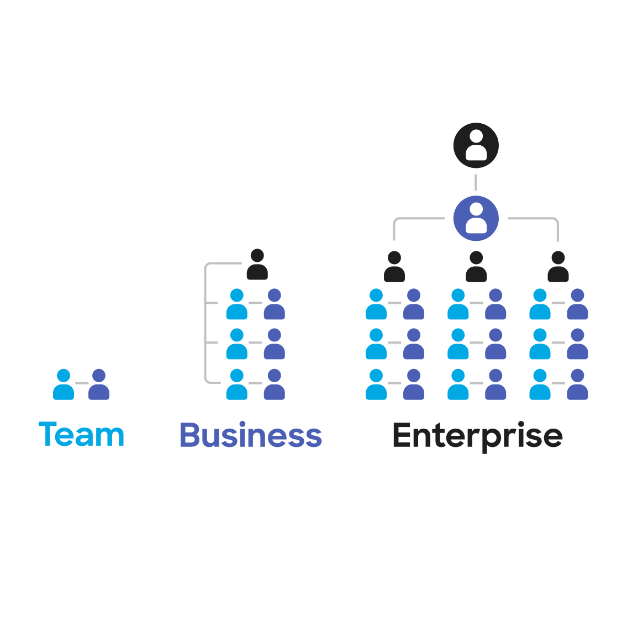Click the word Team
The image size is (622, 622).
[x=82, y=435]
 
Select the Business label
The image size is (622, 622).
[x=251, y=435]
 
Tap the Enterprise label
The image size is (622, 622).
[x=478, y=436]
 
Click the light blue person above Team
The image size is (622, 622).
[x=64, y=385]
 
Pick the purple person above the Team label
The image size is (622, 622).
[x=99, y=385]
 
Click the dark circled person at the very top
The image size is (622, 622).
[x=476, y=145]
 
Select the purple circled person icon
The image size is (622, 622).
[x=476, y=218]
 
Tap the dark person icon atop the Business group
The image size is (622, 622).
[x=257, y=265]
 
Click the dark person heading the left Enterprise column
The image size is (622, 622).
[x=394, y=267]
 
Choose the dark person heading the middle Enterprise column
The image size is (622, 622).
[x=476, y=267]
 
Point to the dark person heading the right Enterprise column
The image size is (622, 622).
[x=558, y=267]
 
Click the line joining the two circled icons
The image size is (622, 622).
[x=476, y=182]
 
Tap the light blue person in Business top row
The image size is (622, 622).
[x=237, y=305]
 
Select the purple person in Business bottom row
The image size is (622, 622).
[x=274, y=385]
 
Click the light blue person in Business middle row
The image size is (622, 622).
[x=237, y=345]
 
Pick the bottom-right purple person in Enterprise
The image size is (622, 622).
[x=577, y=385]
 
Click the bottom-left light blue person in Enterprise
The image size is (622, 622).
[x=376, y=385]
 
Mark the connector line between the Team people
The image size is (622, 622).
[x=81, y=383]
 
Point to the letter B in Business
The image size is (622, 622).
[x=189, y=435]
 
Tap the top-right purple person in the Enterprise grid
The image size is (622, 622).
[x=577, y=305]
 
